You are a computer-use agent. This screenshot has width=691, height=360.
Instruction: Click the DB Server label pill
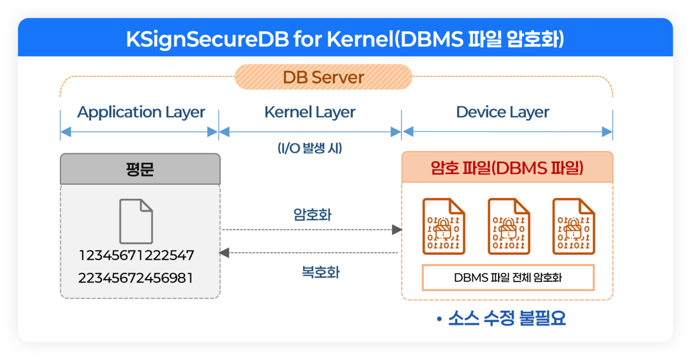point(323,77)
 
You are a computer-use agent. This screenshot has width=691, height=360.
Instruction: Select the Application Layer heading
point(141,112)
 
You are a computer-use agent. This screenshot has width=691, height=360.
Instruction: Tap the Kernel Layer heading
point(310,112)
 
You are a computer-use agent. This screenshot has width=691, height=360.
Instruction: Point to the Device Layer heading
point(503,112)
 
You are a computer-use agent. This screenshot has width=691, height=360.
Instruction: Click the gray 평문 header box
point(140,169)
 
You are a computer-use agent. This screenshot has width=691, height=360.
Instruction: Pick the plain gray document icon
point(136,221)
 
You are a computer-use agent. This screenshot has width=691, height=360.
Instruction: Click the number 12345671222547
point(137,255)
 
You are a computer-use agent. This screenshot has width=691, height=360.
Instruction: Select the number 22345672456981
point(136,278)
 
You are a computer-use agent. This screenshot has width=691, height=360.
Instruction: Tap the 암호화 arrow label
point(312,214)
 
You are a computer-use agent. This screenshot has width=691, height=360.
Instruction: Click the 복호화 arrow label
point(321,273)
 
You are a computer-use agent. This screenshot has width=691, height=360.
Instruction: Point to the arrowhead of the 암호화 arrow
point(397,229)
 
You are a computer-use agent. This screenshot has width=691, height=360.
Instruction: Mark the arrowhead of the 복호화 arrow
point(224,253)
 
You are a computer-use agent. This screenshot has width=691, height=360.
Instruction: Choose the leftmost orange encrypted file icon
point(444,227)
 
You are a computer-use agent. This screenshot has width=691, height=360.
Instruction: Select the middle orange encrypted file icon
point(509,227)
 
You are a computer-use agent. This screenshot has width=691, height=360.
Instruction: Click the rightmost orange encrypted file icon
point(574,227)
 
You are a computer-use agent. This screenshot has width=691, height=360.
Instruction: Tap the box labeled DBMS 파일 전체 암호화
point(508,277)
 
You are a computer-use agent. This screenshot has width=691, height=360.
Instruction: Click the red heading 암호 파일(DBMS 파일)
point(507,168)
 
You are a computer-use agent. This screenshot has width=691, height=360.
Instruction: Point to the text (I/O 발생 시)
point(310,148)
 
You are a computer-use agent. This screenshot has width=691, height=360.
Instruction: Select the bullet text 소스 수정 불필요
point(507,318)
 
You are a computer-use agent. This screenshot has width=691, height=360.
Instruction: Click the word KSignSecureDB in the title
point(207,39)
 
